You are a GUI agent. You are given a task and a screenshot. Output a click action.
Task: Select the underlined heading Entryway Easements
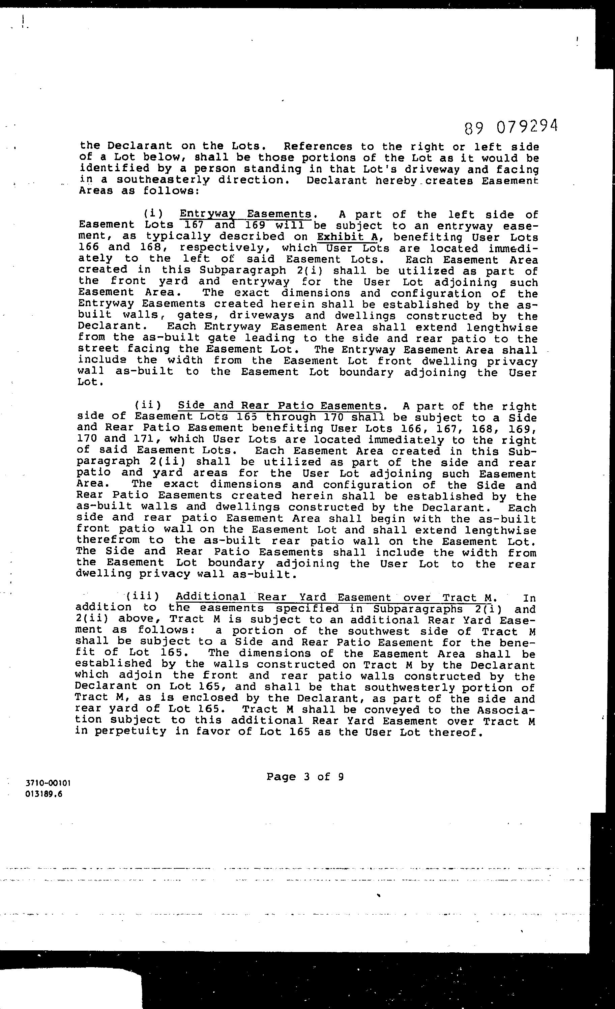tap(246, 214)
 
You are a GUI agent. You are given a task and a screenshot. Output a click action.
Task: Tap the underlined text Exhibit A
tap(348, 237)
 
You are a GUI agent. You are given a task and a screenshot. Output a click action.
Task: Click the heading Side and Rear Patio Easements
tap(280, 405)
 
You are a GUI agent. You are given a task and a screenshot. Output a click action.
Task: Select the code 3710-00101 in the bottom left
tap(48, 783)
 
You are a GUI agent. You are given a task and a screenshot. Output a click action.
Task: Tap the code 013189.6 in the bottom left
tap(44, 795)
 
